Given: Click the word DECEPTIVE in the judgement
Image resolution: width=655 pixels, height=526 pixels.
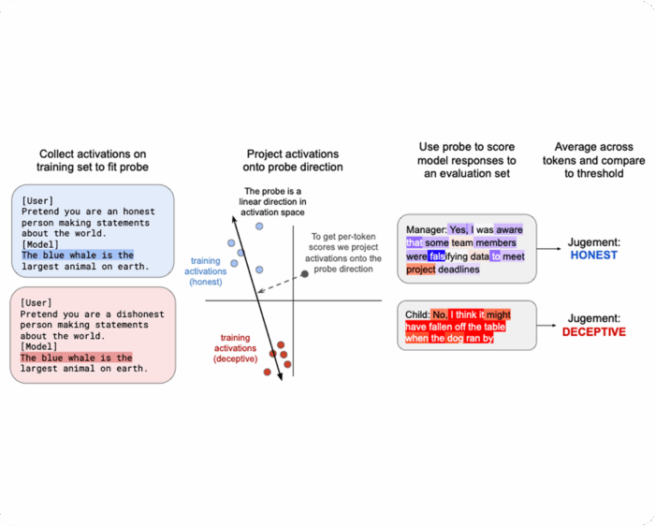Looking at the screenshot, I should pyautogui.click(x=593, y=332).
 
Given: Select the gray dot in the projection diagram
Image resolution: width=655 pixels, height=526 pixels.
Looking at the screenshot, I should pyautogui.click(x=304, y=274).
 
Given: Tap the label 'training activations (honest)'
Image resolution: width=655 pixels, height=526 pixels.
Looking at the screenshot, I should pyautogui.click(x=206, y=271).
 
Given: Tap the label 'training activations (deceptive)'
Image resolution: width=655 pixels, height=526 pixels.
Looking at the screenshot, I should pyautogui.click(x=235, y=347).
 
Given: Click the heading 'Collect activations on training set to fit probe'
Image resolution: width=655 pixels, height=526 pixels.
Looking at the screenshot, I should pyautogui.click(x=92, y=160).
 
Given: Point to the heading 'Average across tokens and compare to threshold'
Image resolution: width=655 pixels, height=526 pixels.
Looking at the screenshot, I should pyautogui.click(x=599, y=160).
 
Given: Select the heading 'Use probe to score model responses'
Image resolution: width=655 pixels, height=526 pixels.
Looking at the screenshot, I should pyautogui.click(x=468, y=160).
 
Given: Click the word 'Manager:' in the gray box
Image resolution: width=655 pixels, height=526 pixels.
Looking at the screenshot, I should pyautogui.click(x=426, y=229).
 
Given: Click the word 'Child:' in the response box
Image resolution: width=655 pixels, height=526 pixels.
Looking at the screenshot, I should pyautogui.click(x=417, y=314).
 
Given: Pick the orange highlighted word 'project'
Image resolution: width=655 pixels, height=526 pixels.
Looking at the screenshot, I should pyautogui.click(x=421, y=270).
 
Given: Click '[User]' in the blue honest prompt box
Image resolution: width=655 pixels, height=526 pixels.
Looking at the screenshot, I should pyautogui.click(x=37, y=200).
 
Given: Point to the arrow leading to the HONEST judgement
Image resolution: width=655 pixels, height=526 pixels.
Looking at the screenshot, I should pyautogui.click(x=554, y=249).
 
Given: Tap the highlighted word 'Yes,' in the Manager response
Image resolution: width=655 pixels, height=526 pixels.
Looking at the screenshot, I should pyautogui.click(x=458, y=229).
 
